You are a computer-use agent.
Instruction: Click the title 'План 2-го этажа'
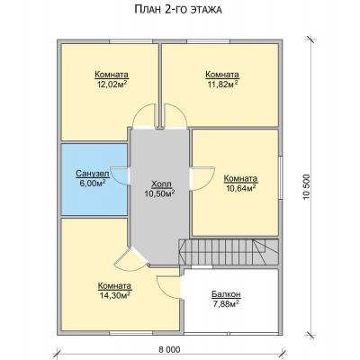178,10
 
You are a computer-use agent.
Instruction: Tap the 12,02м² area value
112,84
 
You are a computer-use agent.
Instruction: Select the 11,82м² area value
222,84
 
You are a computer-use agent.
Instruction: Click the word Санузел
92,174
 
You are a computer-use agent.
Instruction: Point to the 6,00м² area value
92,184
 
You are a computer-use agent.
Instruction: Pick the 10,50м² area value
160,193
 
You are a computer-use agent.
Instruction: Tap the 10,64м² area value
240,188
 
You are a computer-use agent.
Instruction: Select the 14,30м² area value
114,295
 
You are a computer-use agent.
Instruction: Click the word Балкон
226,294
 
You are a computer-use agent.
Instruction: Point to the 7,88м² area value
225,304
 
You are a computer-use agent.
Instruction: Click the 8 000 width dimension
169,349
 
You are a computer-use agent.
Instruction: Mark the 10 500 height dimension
306,187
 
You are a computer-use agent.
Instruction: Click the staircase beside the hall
229,252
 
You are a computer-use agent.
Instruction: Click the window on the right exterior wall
281,178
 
